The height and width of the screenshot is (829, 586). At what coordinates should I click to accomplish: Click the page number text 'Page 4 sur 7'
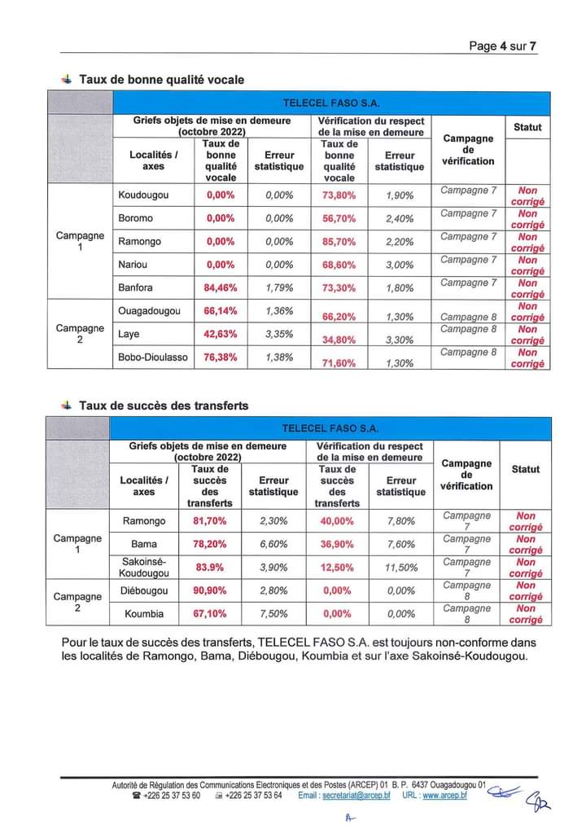pos(502,46)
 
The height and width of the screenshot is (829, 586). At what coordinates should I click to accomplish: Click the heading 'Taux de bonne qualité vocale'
pos(161,80)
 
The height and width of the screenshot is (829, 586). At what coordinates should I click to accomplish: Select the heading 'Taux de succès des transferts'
pos(164,406)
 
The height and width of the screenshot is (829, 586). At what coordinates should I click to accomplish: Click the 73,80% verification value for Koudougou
pos(339,195)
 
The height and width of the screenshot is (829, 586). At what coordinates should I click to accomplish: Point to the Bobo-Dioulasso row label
pos(153,357)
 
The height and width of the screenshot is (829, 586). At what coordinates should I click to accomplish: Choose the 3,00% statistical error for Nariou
pos(400,265)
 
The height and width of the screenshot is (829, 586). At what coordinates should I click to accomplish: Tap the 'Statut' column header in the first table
pos(527,127)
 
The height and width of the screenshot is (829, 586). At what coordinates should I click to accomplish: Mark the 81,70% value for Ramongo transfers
pos(203,521)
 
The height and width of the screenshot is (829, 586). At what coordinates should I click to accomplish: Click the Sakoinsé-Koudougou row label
pos(143,568)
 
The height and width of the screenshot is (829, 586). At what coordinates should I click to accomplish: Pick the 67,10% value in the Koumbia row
pos(203,614)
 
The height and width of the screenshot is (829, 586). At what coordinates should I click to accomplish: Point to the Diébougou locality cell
pos(143,590)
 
